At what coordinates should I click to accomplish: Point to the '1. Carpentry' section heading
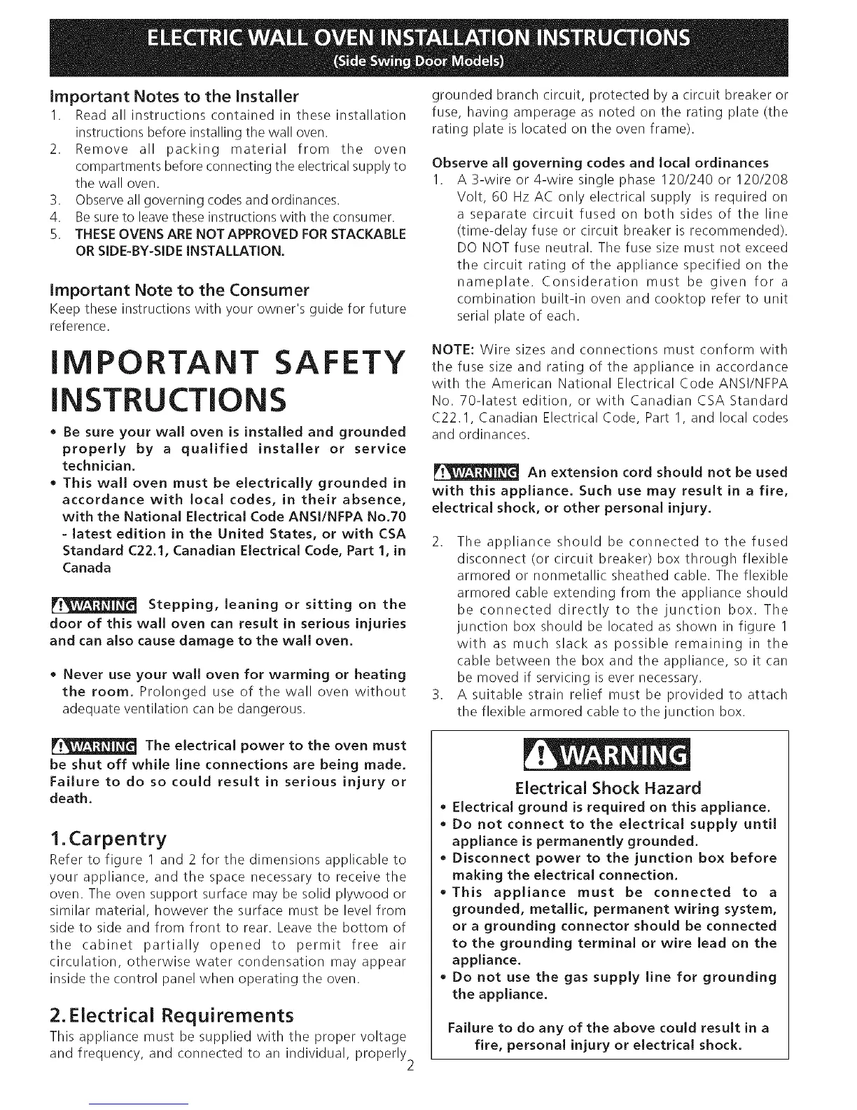coord(109,838)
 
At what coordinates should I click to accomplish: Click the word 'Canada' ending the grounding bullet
coord(87,568)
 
